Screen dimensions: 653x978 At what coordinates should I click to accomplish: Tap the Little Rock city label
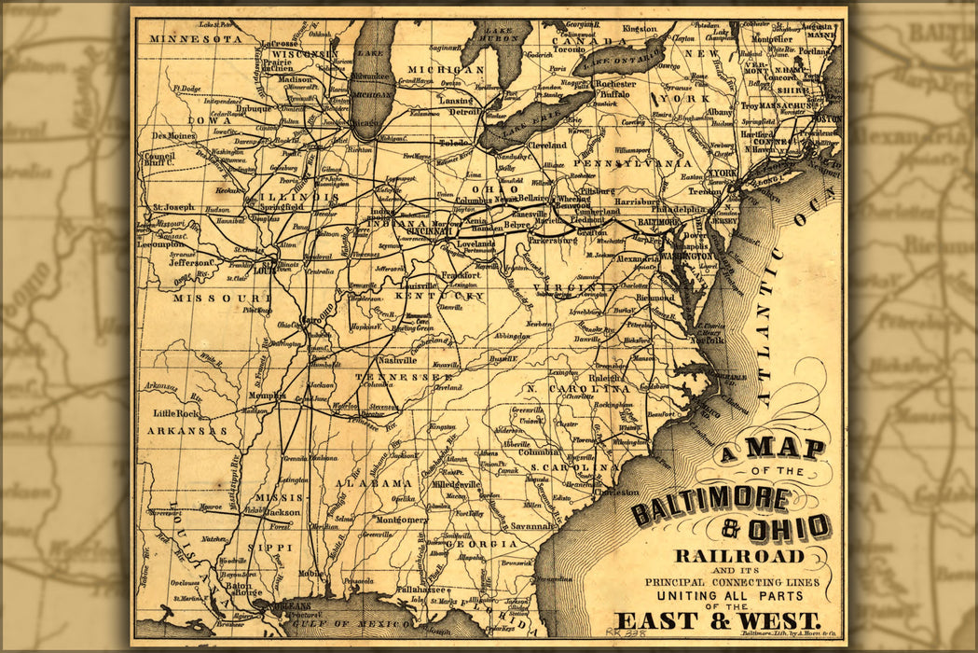(176, 413)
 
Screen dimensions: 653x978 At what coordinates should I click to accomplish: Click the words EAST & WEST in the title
(718, 620)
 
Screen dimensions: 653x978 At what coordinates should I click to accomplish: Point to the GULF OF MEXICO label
(353, 623)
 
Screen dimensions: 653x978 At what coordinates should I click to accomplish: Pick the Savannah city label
(532, 526)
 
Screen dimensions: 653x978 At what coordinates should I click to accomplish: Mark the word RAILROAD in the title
(738, 556)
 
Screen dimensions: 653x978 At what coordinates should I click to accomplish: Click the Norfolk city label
(708, 340)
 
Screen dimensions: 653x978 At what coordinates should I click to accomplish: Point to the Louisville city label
(420, 286)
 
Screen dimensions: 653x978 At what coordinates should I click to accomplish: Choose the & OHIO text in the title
(776, 528)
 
